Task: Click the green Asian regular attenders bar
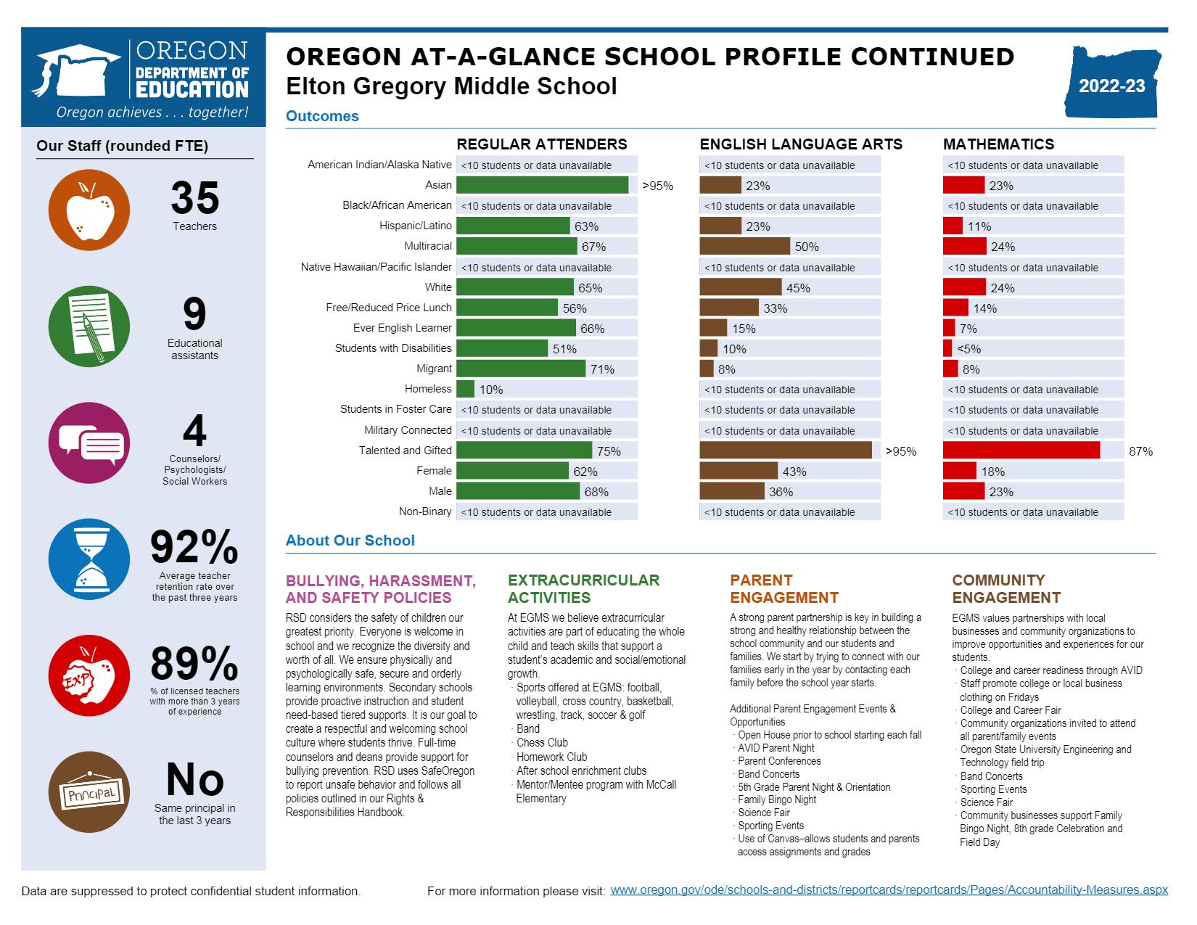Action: (x=542, y=185)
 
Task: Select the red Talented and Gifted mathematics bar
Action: (x=1021, y=451)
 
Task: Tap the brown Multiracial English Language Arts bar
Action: (x=744, y=247)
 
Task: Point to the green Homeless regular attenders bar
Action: (x=466, y=390)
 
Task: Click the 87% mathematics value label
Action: (x=1140, y=451)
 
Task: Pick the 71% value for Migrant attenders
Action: (x=602, y=369)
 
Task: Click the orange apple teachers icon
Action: (x=89, y=210)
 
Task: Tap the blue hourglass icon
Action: (x=89, y=559)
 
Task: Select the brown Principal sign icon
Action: (x=89, y=792)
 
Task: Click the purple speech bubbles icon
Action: (x=89, y=443)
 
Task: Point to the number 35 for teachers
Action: (x=194, y=198)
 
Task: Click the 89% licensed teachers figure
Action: (x=194, y=664)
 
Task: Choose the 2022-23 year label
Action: (x=1111, y=86)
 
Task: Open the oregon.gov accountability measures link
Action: (x=889, y=890)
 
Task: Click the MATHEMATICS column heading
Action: (x=998, y=144)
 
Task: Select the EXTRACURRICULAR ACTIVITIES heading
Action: (x=583, y=589)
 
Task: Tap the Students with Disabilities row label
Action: (x=392, y=348)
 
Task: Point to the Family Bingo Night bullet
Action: (x=776, y=799)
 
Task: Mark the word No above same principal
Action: (x=194, y=780)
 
